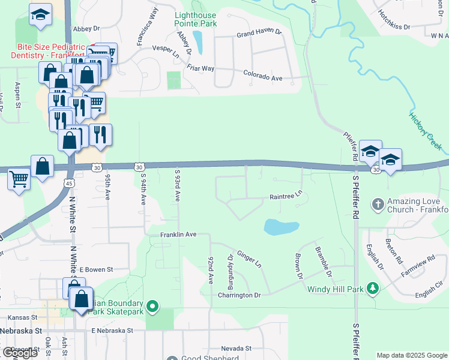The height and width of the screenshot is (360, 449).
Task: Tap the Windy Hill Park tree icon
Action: coord(373,289)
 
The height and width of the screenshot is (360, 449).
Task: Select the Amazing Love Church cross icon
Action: coord(378,205)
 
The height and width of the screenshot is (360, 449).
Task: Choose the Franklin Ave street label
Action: coord(178,234)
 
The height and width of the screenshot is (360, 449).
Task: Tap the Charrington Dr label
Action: coord(240,295)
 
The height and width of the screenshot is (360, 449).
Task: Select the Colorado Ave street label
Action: coord(262,77)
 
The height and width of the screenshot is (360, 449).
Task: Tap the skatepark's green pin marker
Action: coord(152,307)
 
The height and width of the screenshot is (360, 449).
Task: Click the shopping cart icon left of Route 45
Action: coord(19,178)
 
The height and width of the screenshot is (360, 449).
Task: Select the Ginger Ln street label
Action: coord(250,259)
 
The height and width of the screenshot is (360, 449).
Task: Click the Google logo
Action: coord(20,353)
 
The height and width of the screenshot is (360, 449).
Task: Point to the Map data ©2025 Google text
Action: coord(411,355)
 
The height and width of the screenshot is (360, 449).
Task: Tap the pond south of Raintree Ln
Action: coord(281,227)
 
